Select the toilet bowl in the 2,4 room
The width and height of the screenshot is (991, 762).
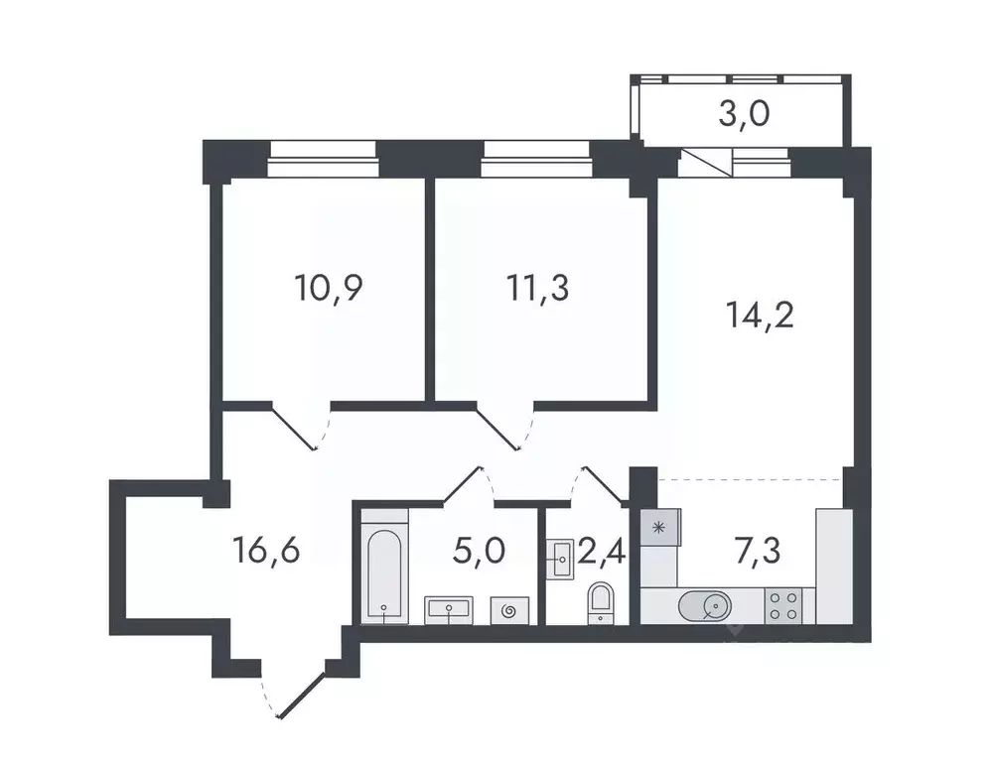pyautogui.click(x=601, y=601)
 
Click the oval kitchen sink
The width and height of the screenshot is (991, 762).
pyautogui.click(x=706, y=604)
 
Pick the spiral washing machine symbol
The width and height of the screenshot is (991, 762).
pyautogui.click(x=510, y=610)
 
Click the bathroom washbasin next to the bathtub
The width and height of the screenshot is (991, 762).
pyautogui.click(x=453, y=608)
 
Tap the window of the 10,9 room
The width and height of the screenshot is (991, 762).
pyautogui.click(x=323, y=152)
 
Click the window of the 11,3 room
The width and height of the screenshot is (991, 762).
pyautogui.click(x=536, y=152)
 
